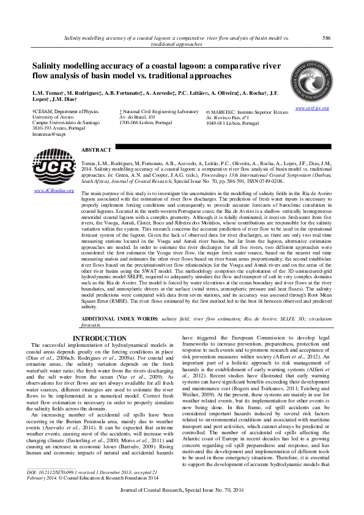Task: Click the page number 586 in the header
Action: point(326,38)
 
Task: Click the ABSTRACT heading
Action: point(96,150)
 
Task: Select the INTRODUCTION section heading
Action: point(100,338)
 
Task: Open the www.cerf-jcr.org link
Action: point(312,108)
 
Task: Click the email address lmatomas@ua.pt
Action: point(48,134)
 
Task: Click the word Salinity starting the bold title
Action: point(50,67)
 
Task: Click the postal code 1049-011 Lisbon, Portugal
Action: point(232,123)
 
